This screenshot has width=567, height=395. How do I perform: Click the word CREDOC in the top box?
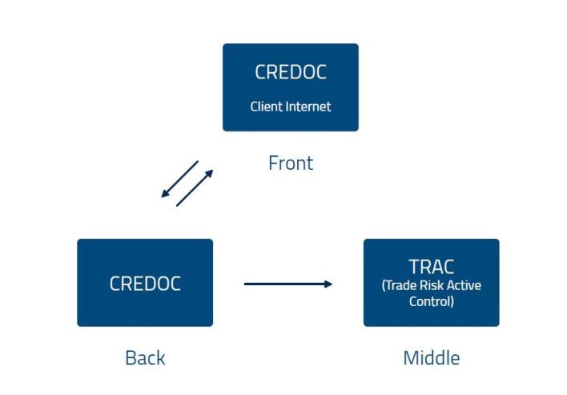(291, 71)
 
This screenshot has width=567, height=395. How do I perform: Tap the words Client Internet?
(291, 107)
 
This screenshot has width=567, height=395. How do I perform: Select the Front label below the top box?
(291, 163)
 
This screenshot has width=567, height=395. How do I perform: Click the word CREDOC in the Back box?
(145, 284)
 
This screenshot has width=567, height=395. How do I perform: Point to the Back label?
(145, 358)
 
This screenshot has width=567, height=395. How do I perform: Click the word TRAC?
(432, 267)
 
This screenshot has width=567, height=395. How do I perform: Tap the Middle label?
(432, 358)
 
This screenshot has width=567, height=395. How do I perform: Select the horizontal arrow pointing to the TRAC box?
(288, 284)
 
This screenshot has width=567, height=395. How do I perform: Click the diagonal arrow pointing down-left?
(179, 179)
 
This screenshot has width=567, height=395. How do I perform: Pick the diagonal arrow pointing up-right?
(195, 188)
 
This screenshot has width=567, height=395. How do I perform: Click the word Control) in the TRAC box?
(432, 301)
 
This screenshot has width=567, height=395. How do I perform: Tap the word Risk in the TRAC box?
(432, 285)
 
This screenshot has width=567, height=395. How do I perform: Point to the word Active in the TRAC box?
(464, 285)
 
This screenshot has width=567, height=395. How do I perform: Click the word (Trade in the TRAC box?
(399, 285)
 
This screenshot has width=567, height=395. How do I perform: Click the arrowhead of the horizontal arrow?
(328, 284)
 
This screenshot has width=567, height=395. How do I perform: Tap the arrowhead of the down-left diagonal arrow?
(164, 195)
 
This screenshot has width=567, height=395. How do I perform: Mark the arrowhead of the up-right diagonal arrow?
(210, 173)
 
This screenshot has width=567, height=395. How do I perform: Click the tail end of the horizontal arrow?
(245, 284)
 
